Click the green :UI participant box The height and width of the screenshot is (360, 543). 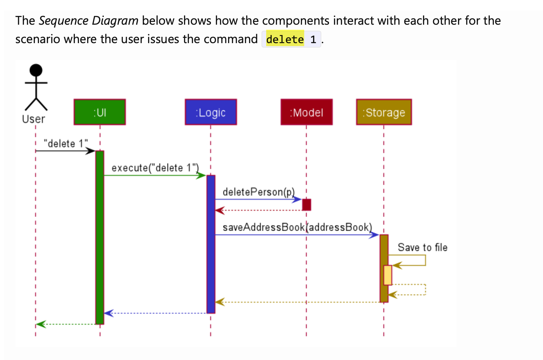click(x=100, y=112)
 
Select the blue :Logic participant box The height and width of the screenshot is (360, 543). click(x=211, y=112)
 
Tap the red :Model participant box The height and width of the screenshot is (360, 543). click(x=306, y=112)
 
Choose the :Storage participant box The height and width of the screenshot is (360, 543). click(x=384, y=112)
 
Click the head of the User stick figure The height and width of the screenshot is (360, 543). click(x=36, y=70)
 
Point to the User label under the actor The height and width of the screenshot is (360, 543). click(x=33, y=119)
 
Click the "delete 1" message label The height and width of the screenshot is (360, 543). click(x=66, y=143)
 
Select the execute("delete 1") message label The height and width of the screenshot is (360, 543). click(x=155, y=168)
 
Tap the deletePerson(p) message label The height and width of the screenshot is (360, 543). click(x=258, y=192)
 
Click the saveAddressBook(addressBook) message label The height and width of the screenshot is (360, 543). click(x=297, y=227)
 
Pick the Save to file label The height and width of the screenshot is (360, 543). click(x=422, y=247)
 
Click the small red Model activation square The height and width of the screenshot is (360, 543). click(x=306, y=205)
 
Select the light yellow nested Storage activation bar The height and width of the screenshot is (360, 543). click(x=388, y=275)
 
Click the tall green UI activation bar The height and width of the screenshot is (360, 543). click(x=100, y=237)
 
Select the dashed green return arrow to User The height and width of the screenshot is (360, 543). click(x=66, y=324)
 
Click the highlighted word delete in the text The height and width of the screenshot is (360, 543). click(x=285, y=39)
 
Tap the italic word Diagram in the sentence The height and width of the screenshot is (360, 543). click(x=115, y=21)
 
